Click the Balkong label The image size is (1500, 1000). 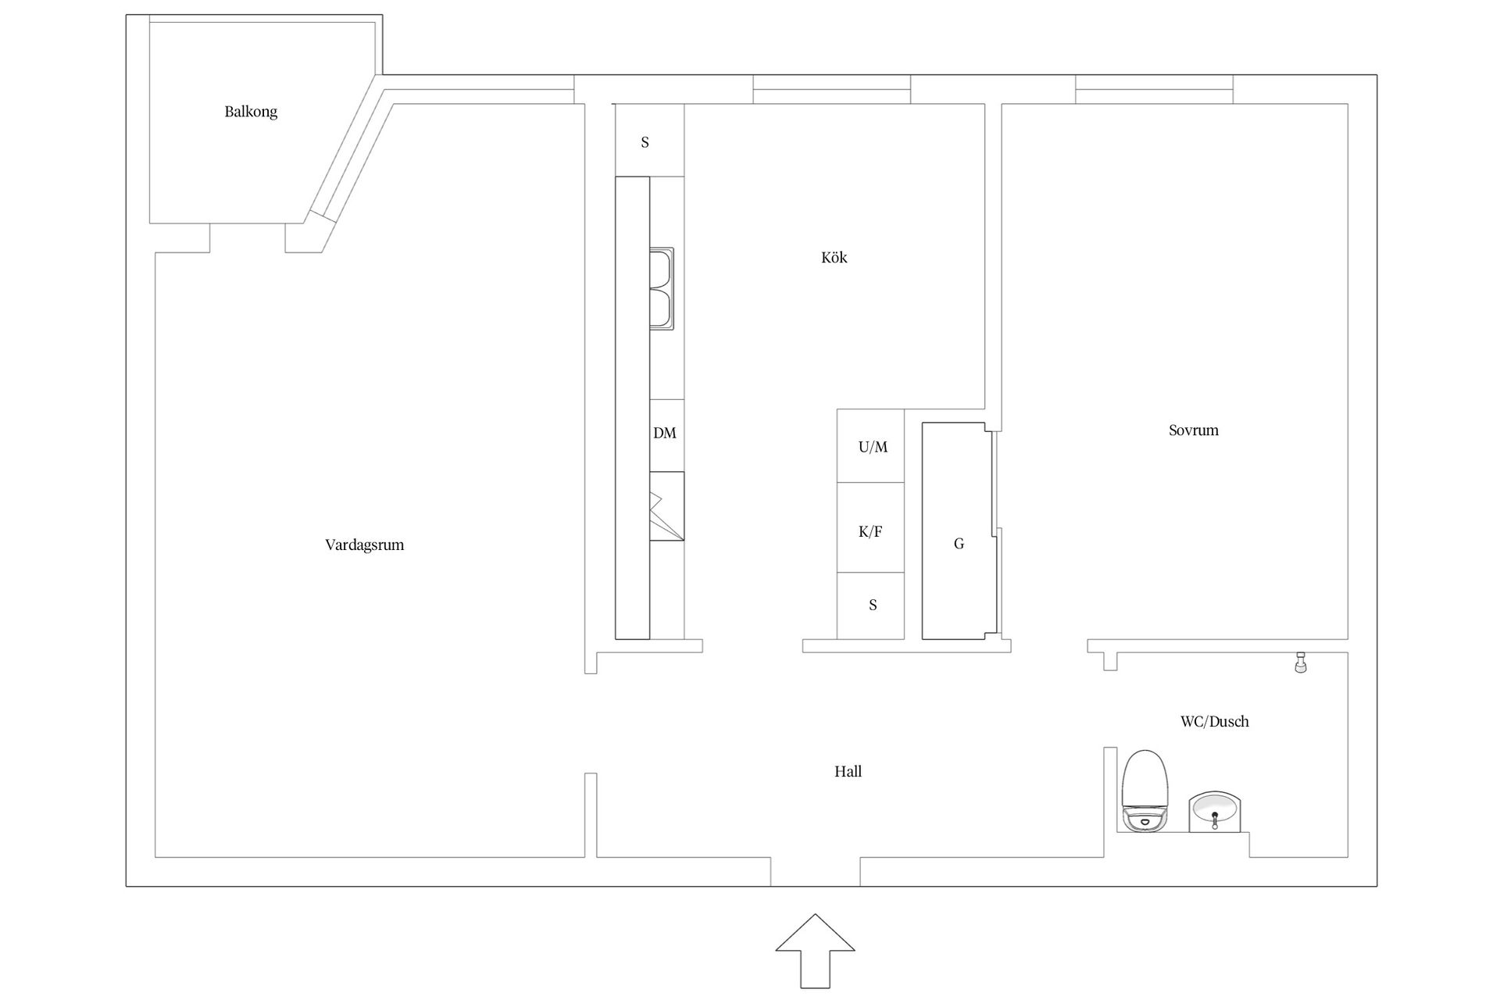tap(251, 112)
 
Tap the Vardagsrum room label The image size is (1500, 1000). tap(365, 545)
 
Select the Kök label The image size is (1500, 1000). tap(834, 257)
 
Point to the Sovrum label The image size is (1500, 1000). tap(1194, 430)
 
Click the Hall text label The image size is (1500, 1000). tap(848, 772)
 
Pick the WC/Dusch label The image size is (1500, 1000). tap(1215, 722)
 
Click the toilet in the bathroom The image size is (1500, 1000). tap(1145, 791)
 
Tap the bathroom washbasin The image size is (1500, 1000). tap(1215, 812)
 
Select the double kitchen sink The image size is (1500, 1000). tap(662, 289)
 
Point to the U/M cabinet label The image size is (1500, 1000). tap(873, 447)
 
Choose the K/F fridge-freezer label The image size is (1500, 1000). tap(870, 532)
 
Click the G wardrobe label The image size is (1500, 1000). tap(959, 544)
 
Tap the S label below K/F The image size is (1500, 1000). tap(873, 605)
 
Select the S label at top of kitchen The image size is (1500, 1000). tap(645, 142)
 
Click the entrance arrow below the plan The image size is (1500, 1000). tap(815, 951)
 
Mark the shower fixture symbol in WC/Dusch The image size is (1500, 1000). tap(1301, 662)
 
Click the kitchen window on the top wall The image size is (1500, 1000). tap(832, 89)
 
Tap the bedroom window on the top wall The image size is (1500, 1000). tap(1155, 89)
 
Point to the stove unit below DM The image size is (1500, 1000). tap(666, 506)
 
